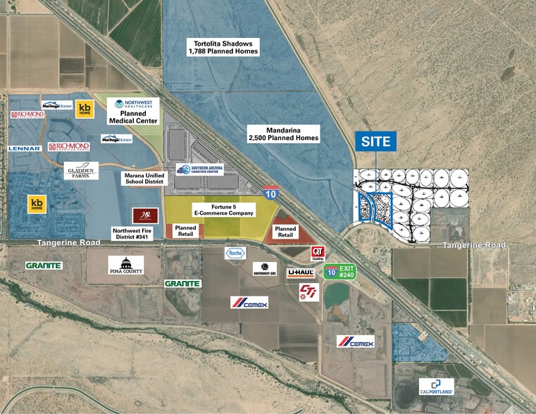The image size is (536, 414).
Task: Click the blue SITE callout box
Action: click(375, 141)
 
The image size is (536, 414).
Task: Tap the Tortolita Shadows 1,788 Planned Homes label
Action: click(223, 47)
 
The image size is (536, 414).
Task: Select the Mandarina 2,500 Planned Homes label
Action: click(283, 134)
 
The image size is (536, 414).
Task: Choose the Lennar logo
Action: click(25, 149)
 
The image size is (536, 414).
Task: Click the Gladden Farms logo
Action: click(81, 170)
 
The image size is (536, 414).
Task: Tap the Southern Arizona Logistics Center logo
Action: click(200, 169)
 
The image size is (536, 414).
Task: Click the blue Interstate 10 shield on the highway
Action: click(271, 192)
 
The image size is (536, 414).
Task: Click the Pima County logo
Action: click(126, 265)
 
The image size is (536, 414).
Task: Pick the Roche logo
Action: click(234, 253)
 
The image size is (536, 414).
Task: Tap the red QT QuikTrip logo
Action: click(318, 253)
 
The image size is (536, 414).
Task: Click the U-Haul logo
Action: click(300, 272)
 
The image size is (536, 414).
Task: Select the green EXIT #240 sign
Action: click(340, 272)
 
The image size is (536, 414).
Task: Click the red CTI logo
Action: click(308, 290)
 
